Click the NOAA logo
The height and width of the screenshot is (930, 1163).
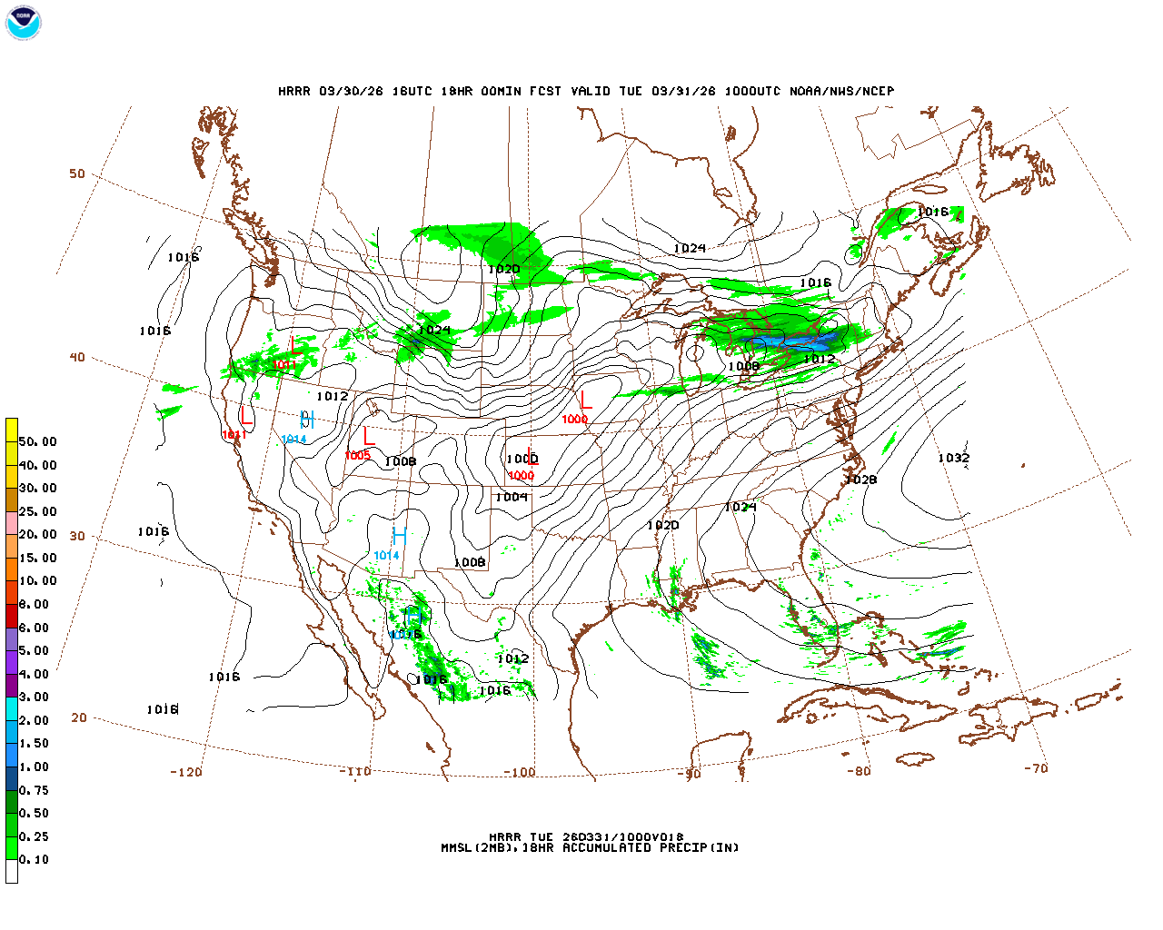[23, 23]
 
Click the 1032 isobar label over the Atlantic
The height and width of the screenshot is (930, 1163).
[953, 458]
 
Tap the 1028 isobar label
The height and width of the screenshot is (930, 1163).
[860, 480]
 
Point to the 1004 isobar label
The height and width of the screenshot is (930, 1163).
[512, 497]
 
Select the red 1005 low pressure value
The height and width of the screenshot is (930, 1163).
[357, 455]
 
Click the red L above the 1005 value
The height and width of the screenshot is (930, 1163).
[368, 436]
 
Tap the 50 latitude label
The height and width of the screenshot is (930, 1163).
[77, 173]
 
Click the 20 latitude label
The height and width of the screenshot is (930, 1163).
[79, 717]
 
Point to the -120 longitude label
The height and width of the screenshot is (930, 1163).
[185, 772]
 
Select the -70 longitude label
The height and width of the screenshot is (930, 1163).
[1036, 768]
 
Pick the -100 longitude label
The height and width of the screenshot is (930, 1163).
[519, 773]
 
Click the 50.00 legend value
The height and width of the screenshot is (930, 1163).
[37, 441]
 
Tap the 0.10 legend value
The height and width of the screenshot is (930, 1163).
[34, 859]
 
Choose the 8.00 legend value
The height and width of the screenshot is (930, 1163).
[34, 604]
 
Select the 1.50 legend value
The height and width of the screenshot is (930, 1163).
[34, 743]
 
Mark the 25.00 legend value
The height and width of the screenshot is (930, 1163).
[37, 511]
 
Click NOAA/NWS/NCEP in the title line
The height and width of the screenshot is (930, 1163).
[841, 91]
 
